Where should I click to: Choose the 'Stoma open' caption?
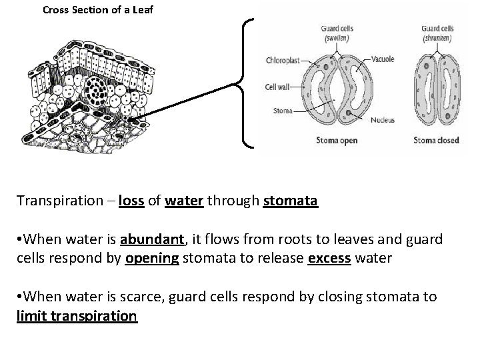[336, 141]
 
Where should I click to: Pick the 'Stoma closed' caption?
[437, 141]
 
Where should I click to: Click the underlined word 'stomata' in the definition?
[291, 201]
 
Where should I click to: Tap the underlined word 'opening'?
[152, 259]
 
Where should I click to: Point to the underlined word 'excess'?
[329, 259]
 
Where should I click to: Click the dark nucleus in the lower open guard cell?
[349, 113]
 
